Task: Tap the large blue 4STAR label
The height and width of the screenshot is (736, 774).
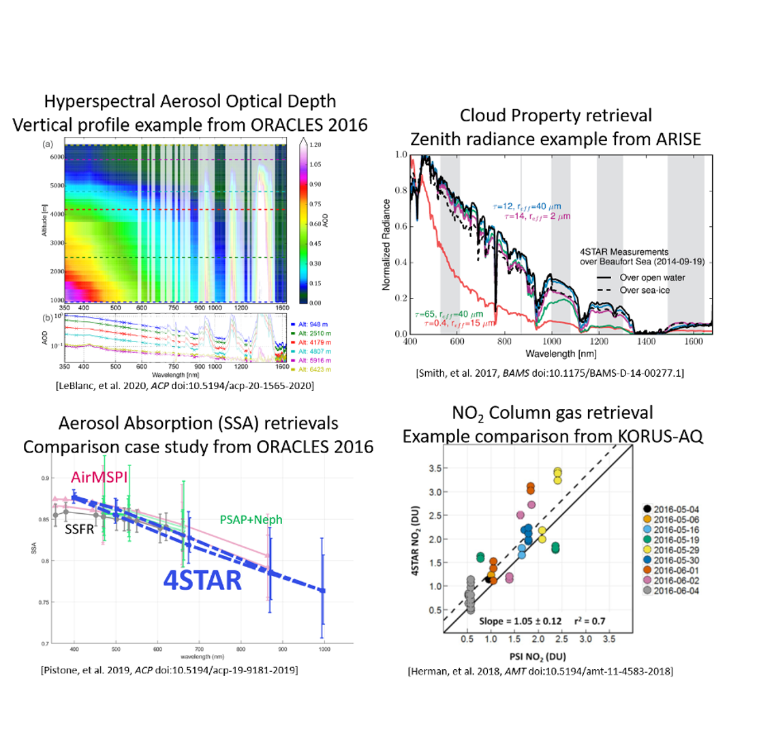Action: (202, 580)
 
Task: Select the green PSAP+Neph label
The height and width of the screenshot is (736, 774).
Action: (251, 520)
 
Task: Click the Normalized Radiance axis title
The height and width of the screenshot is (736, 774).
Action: (386, 245)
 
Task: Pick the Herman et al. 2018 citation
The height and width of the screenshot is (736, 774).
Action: (540, 672)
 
